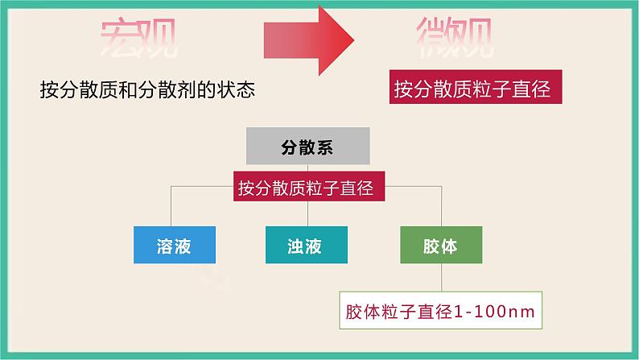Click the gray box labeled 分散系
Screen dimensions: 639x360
(x=307, y=148)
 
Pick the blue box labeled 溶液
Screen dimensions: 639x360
(x=175, y=246)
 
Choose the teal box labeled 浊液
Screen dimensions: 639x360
(x=306, y=246)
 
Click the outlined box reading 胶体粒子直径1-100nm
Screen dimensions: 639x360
(x=440, y=310)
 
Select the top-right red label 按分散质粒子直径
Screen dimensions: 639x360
(x=476, y=89)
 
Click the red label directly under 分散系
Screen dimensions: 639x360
(x=307, y=188)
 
